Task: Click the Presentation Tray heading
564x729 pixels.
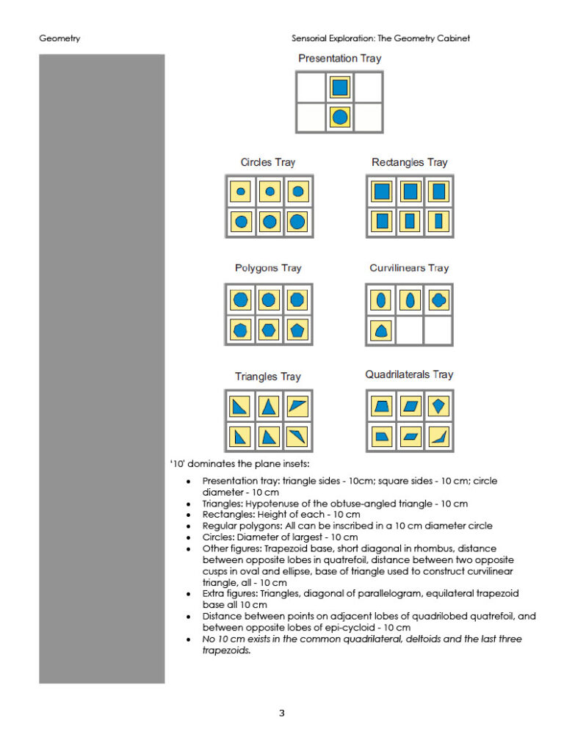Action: click(x=339, y=59)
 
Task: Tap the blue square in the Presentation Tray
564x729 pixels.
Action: click(x=339, y=88)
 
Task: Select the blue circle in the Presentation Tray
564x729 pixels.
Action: click(x=339, y=116)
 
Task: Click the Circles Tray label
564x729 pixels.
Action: click(x=268, y=162)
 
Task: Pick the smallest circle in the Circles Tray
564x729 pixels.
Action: click(x=240, y=192)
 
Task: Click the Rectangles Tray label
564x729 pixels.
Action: click(x=409, y=162)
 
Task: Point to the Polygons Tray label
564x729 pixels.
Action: click(x=268, y=268)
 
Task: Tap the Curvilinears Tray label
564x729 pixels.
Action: click(x=409, y=268)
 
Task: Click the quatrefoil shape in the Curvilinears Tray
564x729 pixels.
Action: click(x=439, y=300)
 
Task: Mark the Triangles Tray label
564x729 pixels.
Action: click(x=268, y=377)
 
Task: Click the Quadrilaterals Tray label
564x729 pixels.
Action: click(x=409, y=375)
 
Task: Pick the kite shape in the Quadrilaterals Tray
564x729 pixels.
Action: click(x=439, y=406)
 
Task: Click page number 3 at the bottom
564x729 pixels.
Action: click(x=282, y=712)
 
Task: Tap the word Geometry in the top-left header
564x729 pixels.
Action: click(x=59, y=38)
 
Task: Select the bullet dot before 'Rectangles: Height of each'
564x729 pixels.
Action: click(x=189, y=515)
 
